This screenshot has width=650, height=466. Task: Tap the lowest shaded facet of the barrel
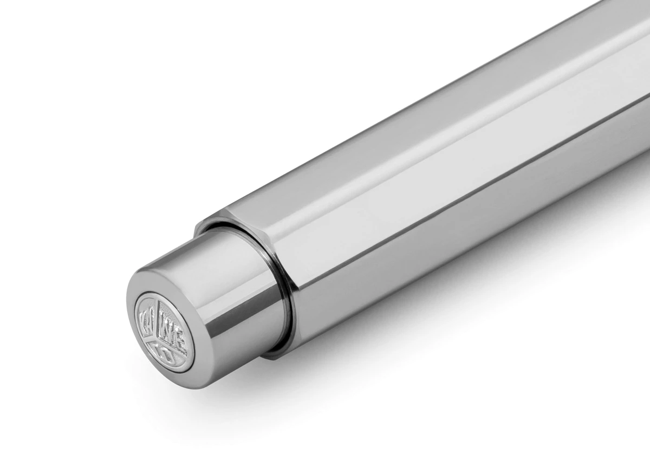point(433,255)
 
